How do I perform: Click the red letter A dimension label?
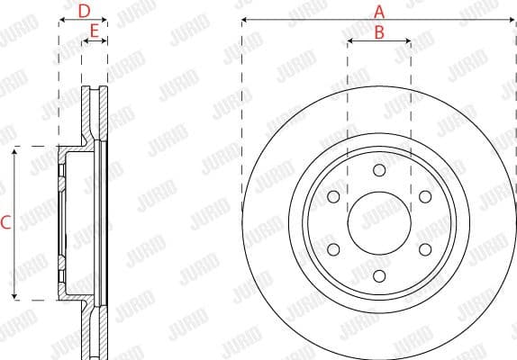[x=379, y=11]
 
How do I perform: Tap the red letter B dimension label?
[x=379, y=31]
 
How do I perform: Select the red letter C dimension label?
[x=6, y=222]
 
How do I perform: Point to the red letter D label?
[x=83, y=11]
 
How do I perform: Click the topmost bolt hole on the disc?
[x=379, y=170]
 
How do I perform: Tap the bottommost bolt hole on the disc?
[x=379, y=275]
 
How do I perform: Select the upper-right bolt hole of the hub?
[x=425, y=196]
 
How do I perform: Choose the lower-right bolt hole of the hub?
[x=425, y=249]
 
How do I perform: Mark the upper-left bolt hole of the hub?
[x=333, y=196]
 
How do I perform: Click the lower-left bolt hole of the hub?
[x=333, y=249]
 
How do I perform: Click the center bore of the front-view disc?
[x=379, y=222]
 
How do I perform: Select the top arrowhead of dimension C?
[x=15, y=150]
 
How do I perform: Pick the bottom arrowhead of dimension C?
[x=15, y=296]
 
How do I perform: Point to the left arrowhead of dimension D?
[x=62, y=20]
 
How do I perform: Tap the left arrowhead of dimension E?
[x=85, y=41]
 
